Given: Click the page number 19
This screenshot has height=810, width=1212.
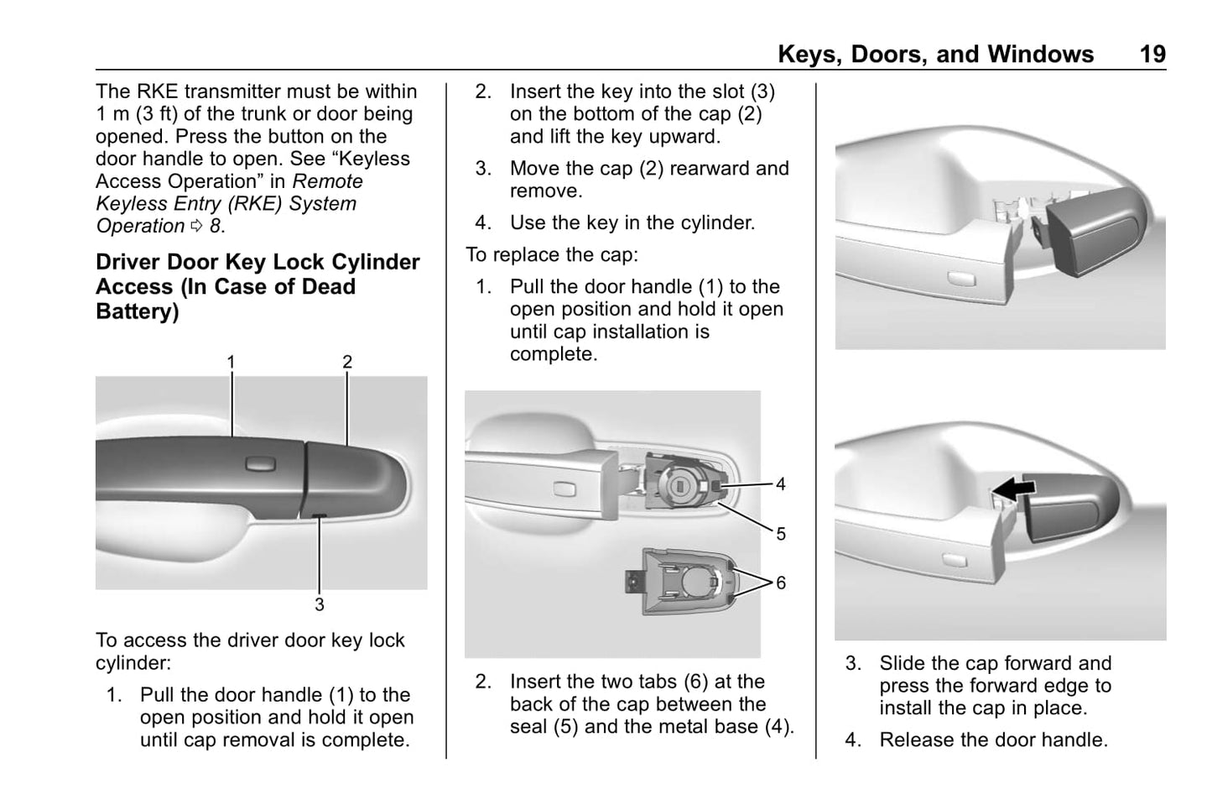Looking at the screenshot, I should [x=1152, y=55].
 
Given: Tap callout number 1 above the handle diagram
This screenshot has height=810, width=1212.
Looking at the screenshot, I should [x=231, y=362].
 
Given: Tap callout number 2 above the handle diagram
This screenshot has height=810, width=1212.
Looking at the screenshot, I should [x=347, y=362].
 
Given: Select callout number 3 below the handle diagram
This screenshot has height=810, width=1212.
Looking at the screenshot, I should [x=320, y=604].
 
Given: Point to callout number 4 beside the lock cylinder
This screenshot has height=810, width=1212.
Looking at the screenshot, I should [x=781, y=483].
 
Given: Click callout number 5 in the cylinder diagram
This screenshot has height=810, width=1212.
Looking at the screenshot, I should [x=781, y=534].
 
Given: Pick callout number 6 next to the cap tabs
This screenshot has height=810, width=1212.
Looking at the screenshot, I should [x=781, y=583].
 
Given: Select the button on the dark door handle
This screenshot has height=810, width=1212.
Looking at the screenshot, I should [x=261, y=463].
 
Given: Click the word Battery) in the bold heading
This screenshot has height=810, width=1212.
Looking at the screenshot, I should [x=138, y=311].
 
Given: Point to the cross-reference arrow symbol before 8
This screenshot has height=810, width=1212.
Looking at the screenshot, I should [x=197, y=226].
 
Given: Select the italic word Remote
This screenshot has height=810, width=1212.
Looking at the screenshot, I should [x=328, y=181].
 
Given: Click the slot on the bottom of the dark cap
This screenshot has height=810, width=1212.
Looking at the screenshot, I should [x=320, y=515].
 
